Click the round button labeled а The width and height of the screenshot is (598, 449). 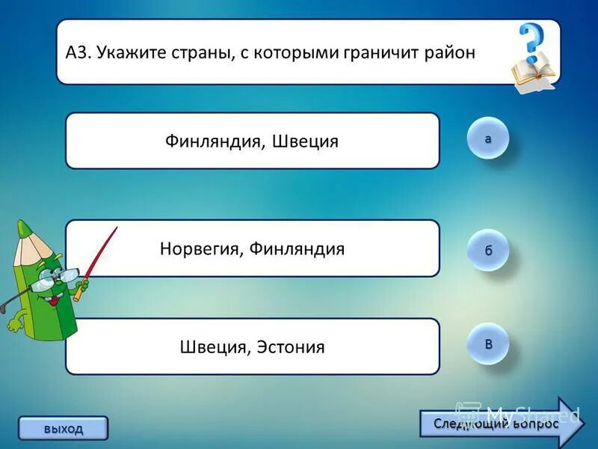pyautogui.click(x=488, y=138)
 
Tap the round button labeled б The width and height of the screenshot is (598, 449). pyautogui.click(x=488, y=250)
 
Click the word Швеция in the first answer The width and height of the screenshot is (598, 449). pyautogui.click(x=306, y=141)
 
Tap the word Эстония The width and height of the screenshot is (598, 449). pyautogui.click(x=291, y=347)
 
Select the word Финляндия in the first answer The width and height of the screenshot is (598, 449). pyautogui.click(x=212, y=141)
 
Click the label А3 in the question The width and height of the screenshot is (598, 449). pyautogui.click(x=77, y=53)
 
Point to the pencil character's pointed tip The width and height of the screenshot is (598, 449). pyautogui.click(x=24, y=226)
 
